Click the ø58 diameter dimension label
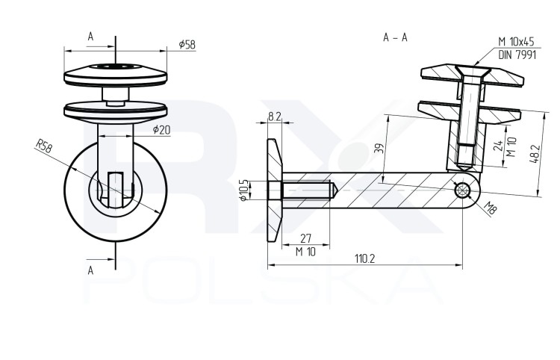click(x=187, y=45)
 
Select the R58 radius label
click(x=44, y=146)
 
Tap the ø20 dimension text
click(x=162, y=130)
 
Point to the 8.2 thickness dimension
click(x=274, y=117)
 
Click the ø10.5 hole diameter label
click(x=244, y=190)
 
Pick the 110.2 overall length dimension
click(x=364, y=258)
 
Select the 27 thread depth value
click(x=305, y=238)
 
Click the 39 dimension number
click(x=379, y=149)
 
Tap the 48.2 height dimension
click(x=534, y=154)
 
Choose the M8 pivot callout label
click(x=490, y=208)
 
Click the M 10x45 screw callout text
click(x=516, y=42)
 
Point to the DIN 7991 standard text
click(x=517, y=55)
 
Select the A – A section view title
click(x=395, y=37)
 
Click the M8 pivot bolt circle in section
click(x=462, y=190)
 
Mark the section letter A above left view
click(x=90, y=36)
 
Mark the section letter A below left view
click(x=90, y=270)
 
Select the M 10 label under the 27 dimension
click(x=305, y=252)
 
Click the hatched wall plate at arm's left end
click(x=274, y=190)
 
